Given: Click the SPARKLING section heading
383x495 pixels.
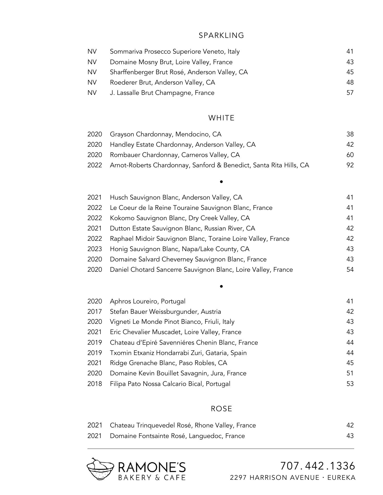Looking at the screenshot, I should [x=221, y=35].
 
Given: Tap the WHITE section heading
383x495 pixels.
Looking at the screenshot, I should [x=221, y=118].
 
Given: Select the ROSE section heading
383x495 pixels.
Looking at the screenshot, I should [x=221, y=409].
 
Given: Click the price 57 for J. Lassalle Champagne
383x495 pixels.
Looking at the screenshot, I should [x=350, y=93].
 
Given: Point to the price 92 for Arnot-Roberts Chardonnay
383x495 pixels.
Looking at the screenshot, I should [x=350, y=165].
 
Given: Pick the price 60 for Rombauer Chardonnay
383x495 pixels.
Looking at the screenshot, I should [x=350, y=155].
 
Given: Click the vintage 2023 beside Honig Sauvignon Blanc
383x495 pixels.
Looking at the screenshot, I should [x=94, y=249].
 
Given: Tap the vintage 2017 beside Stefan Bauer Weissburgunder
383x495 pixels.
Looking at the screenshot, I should [x=94, y=312].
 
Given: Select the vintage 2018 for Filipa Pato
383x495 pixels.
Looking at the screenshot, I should [x=94, y=384].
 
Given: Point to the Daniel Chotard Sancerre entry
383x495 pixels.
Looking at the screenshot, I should [x=201, y=270].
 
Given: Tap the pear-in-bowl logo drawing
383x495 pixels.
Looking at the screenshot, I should [x=100, y=469].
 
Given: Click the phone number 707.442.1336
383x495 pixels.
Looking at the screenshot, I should [x=318, y=466].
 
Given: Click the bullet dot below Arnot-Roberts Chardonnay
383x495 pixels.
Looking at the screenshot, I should [x=221, y=182].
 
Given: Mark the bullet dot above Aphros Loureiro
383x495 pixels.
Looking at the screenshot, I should [x=221, y=286].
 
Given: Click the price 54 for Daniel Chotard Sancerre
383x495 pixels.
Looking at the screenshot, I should [x=350, y=270].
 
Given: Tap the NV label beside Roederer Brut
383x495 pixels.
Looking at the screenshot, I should [x=92, y=82].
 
